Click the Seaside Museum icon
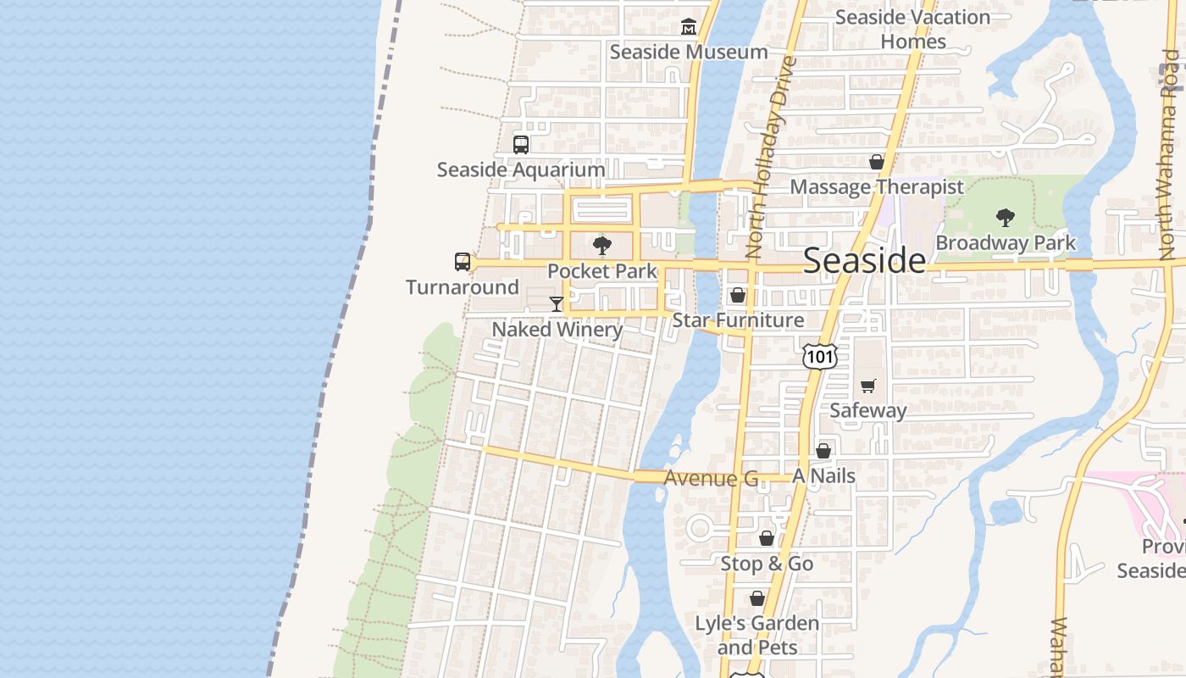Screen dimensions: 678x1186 [689, 27]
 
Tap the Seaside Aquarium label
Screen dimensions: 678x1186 [521, 169]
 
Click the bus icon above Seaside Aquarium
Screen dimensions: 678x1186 [521, 145]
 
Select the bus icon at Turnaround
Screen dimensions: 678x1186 [463, 262]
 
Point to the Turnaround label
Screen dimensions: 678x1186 [463, 287]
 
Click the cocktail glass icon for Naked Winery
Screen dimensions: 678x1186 [557, 304]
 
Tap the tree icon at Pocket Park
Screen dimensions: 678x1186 [602, 247]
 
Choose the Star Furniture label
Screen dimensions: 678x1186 [738, 320]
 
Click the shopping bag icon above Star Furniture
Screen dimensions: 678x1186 [738, 295]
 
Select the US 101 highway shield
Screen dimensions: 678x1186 [820, 357]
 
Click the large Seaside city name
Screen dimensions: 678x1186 [864, 260]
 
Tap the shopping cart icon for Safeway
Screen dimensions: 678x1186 [867, 386]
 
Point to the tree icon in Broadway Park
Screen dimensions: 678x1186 [1006, 218]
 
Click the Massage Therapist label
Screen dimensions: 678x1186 [877, 187]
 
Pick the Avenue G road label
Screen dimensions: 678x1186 [711, 479]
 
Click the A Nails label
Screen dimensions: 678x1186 [823, 476]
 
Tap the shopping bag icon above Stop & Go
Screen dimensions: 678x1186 [767, 538]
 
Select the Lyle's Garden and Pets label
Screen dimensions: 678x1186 [757, 636]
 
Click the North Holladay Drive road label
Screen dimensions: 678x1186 [768, 157]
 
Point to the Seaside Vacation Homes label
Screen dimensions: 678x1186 [912, 29]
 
